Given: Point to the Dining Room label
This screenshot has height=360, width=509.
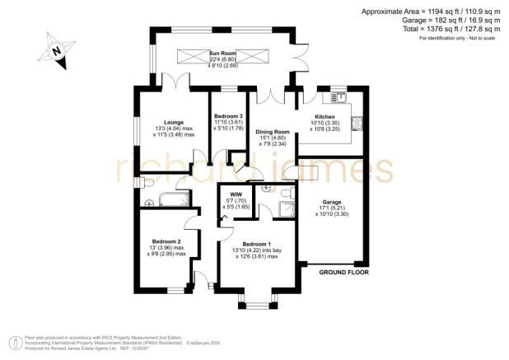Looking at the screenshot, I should pyautogui.click(x=272, y=132).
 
